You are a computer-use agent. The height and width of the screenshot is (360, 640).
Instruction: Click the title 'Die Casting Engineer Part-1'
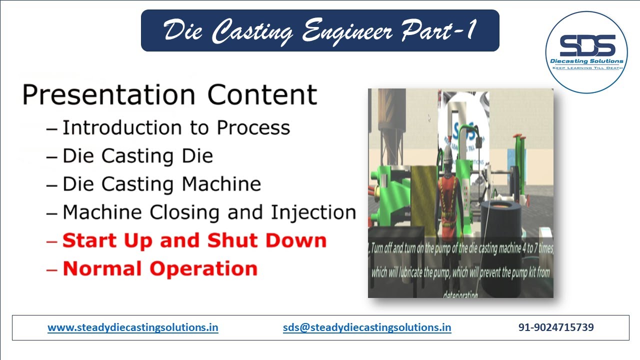pyautogui.click(x=320, y=30)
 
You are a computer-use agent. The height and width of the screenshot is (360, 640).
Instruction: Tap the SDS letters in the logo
pyautogui.click(x=587, y=46)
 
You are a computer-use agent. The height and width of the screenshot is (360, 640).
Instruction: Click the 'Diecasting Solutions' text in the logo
pyautogui.click(x=587, y=61)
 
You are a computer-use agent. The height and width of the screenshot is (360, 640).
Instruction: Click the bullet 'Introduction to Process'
pyautogui.click(x=175, y=128)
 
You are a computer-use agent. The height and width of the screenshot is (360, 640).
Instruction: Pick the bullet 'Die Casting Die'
pyautogui.click(x=137, y=156)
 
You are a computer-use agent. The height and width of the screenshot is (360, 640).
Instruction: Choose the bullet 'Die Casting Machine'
pyautogui.click(x=161, y=184)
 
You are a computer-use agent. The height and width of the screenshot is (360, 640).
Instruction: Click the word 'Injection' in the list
pyautogui.click(x=313, y=212)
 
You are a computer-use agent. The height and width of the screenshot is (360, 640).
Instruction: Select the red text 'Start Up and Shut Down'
pyautogui.click(x=194, y=240)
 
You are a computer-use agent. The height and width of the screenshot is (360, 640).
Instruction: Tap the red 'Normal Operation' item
pyautogui.click(x=159, y=269)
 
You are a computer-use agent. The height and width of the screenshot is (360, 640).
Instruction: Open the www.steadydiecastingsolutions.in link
pyautogui.click(x=133, y=328)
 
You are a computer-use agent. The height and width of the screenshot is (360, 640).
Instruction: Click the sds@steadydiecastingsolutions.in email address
pyautogui.click(x=367, y=328)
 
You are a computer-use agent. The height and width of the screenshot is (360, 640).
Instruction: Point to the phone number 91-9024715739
pyautogui.click(x=556, y=328)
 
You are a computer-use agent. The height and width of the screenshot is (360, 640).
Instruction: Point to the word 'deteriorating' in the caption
pyautogui.click(x=460, y=295)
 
